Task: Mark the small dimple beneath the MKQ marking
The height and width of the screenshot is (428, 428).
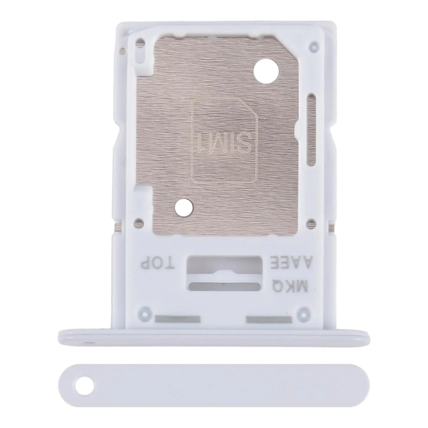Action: tap(303, 311)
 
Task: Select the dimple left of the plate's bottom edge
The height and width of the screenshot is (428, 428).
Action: tap(138, 222)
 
